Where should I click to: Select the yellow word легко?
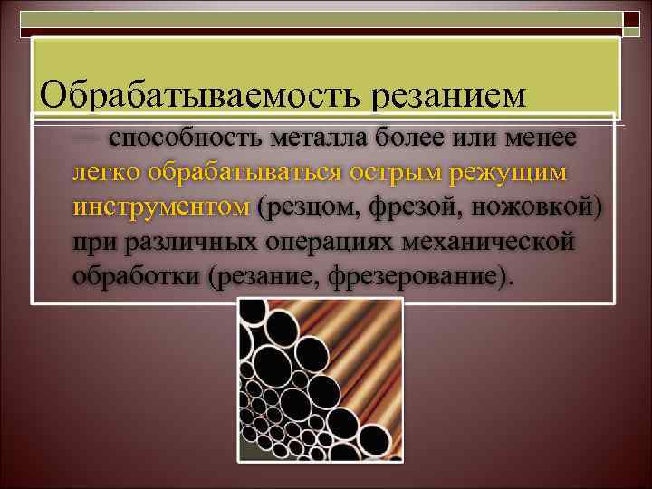tap(107, 172)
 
